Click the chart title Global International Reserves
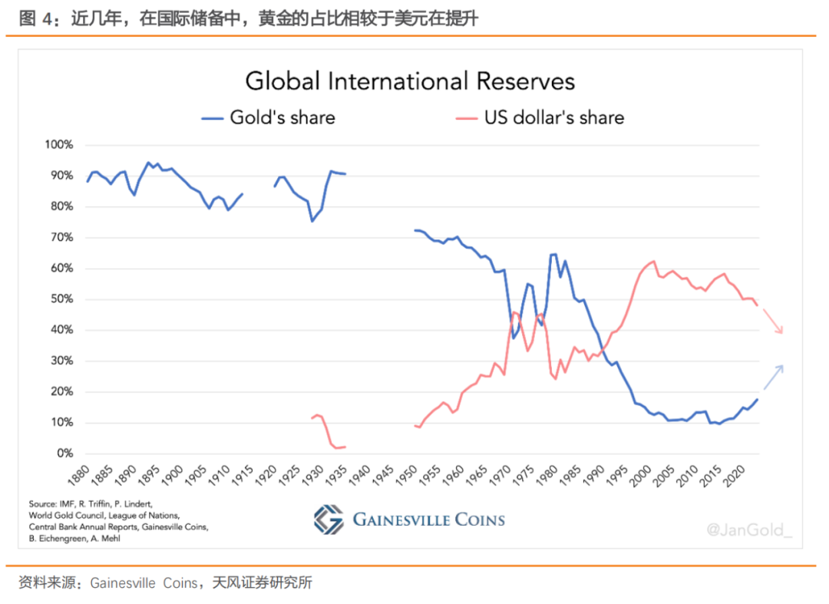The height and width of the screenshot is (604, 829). (410, 81)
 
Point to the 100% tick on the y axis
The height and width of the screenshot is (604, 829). (59, 145)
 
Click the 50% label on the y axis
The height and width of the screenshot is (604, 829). (61, 299)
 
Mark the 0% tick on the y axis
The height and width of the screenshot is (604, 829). (64, 454)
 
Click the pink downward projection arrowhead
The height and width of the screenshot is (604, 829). (781, 332)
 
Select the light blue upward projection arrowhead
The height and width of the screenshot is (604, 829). (781, 367)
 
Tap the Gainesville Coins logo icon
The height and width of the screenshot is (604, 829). (329, 520)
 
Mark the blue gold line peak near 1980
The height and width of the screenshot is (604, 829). (553, 254)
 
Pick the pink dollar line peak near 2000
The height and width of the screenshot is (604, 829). (653, 262)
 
